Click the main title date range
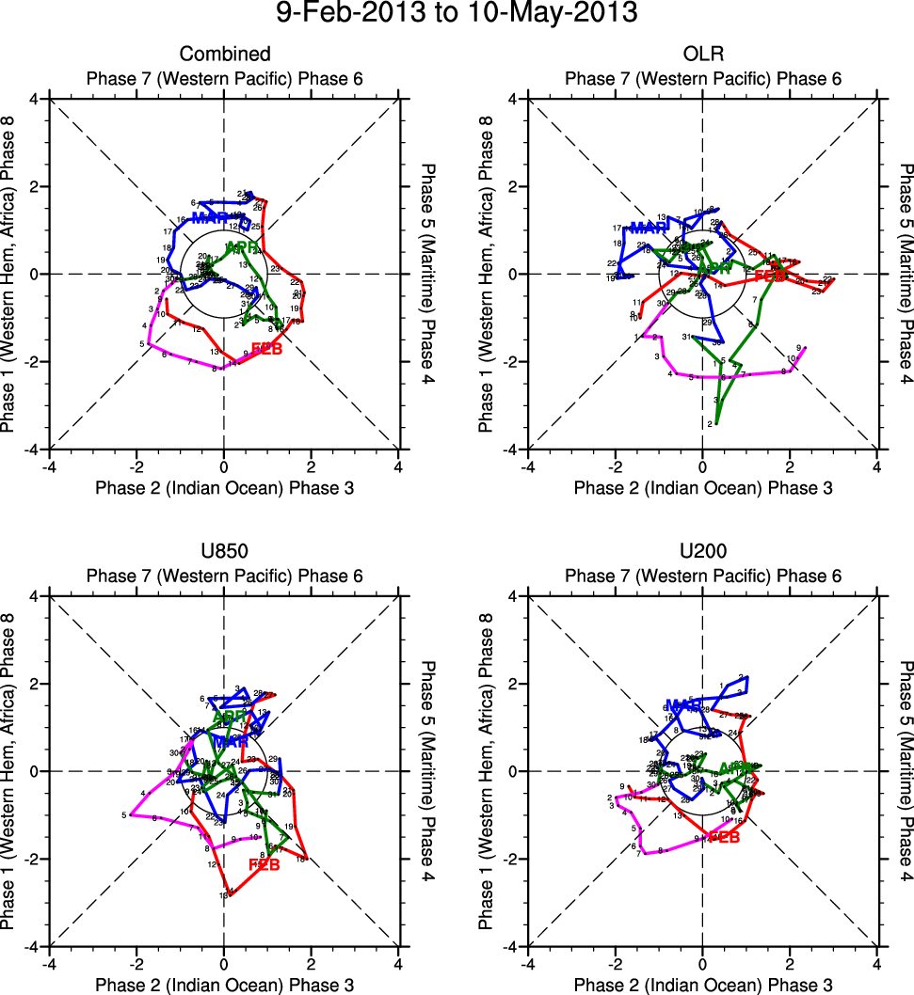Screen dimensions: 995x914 point(457,14)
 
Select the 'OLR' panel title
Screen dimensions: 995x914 point(703,55)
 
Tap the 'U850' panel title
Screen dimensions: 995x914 point(224,552)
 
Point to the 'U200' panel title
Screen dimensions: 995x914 point(703,552)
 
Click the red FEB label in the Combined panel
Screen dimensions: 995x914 point(267,351)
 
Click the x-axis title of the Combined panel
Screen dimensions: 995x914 point(224,487)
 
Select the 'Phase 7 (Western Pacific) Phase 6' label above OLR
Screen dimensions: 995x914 point(703,78)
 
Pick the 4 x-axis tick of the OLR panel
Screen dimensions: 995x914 point(877,466)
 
